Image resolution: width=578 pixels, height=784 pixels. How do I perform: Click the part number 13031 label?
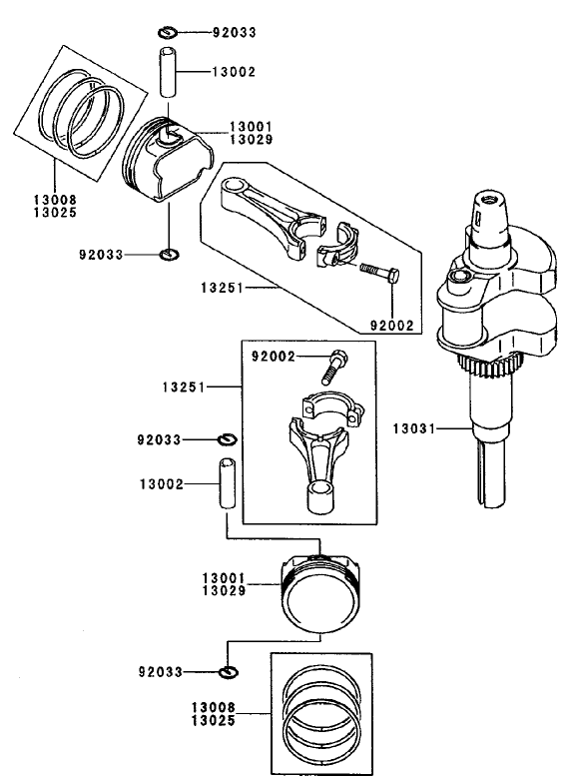point(413,429)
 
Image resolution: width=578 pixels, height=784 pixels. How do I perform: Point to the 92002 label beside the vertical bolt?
point(274,357)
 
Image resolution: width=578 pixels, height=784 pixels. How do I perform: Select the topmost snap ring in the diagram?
point(170,33)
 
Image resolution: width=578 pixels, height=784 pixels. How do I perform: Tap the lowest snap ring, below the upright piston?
point(229,670)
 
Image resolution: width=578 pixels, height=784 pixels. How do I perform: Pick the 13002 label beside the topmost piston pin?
point(234,72)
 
